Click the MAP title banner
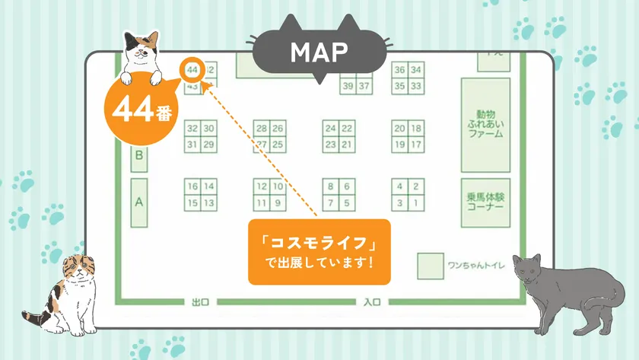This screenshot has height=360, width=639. tap(319, 52)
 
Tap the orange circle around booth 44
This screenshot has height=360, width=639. tap(192, 69)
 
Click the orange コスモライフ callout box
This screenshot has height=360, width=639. tap(319, 252)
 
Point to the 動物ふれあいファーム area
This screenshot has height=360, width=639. tap(485, 123)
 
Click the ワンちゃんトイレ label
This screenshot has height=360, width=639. tap(472, 266)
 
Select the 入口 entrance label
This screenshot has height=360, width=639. tap(371, 302)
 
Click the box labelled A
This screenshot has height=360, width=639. tap(139, 202)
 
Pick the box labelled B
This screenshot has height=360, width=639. tap(139, 156)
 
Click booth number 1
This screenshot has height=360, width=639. tap(415, 203)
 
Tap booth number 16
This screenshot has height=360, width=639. tap(192, 186)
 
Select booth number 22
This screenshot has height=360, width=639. tap(347, 128)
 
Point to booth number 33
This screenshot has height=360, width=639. tap(415, 86)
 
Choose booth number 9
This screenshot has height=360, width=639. tap(278, 203)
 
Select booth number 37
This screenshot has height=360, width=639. tap(364, 86)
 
